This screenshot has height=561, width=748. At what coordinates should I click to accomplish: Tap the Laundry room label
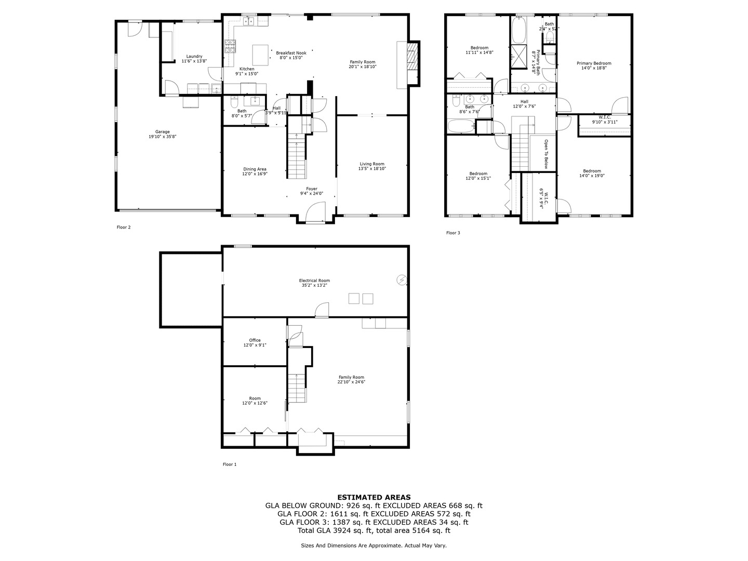pos(194,57)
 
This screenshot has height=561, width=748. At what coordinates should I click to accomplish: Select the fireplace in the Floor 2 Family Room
pos(411,63)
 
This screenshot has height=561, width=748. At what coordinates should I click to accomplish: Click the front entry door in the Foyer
pos(315,213)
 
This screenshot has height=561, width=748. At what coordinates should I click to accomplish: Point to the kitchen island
pos(260,54)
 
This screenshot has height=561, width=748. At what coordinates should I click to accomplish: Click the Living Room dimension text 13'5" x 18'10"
pos(371,169)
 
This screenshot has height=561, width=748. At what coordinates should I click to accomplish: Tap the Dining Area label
pos(255,169)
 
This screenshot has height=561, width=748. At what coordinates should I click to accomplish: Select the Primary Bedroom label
pos(594,63)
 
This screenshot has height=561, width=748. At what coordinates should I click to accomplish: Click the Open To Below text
pos(546,154)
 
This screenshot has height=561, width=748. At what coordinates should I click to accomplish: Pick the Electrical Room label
pos(314,280)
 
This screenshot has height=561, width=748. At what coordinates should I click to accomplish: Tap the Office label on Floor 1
pos(255,340)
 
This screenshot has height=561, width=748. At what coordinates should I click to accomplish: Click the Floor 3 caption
pos(453,233)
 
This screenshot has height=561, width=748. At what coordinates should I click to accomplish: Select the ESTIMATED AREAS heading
pos(374,497)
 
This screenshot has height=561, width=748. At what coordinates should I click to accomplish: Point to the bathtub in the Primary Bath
pos(518,30)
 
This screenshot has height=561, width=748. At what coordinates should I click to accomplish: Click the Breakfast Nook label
pos(291,53)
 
